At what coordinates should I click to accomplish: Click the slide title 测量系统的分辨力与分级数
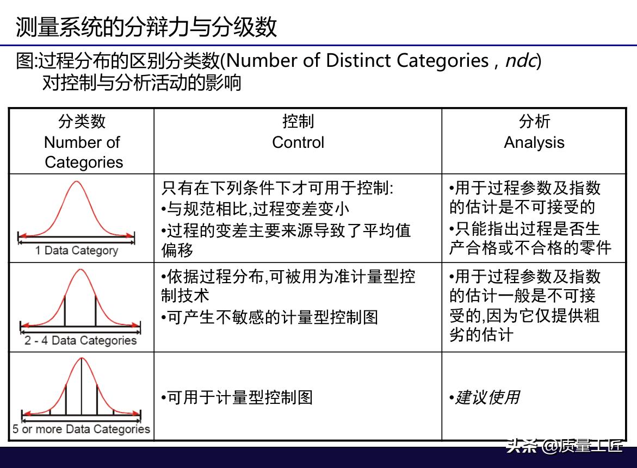click(x=146, y=27)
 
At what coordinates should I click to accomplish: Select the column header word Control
click(x=298, y=142)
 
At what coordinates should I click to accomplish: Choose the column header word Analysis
click(x=534, y=143)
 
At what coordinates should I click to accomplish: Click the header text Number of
click(x=82, y=142)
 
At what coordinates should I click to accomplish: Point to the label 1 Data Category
click(x=76, y=251)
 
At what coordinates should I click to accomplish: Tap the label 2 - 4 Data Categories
click(x=81, y=340)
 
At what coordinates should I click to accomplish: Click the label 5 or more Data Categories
click(x=81, y=429)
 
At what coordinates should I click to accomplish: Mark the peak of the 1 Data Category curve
click(x=76, y=182)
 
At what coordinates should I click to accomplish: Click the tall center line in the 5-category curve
click(x=81, y=386)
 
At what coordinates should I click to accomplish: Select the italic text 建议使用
click(x=487, y=397)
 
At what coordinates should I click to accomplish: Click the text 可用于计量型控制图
click(x=240, y=397)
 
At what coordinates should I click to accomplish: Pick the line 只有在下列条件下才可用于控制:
click(x=277, y=188)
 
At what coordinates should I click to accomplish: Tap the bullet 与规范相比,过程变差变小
click(x=258, y=209)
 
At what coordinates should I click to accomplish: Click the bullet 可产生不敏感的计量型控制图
click(x=272, y=317)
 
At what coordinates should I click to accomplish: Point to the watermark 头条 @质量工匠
click(x=565, y=446)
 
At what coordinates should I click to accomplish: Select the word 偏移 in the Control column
click(x=177, y=250)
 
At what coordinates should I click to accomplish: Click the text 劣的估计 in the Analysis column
click(x=481, y=335)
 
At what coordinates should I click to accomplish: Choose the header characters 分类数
click(x=82, y=121)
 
